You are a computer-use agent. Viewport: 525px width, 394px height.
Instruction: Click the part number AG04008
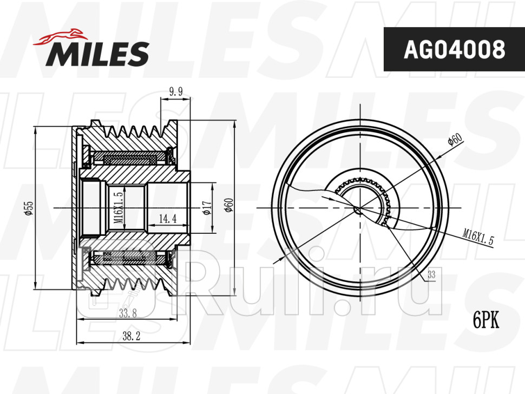coord(454,49)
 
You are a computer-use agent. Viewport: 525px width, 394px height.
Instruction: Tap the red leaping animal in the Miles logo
coord(60,37)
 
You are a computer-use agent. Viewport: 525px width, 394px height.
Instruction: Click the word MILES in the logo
coord(97,54)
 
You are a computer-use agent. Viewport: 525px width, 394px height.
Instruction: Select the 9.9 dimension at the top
coord(176,91)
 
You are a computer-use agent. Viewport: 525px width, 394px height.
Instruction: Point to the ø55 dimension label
coord(29,208)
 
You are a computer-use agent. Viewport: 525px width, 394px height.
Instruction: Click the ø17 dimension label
coord(207,207)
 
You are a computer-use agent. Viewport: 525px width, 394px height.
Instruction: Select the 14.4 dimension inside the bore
coord(167,219)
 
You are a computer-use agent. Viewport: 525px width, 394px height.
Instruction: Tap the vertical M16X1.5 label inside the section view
coord(119,207)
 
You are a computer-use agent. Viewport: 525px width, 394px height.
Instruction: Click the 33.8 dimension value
coord(128,313)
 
